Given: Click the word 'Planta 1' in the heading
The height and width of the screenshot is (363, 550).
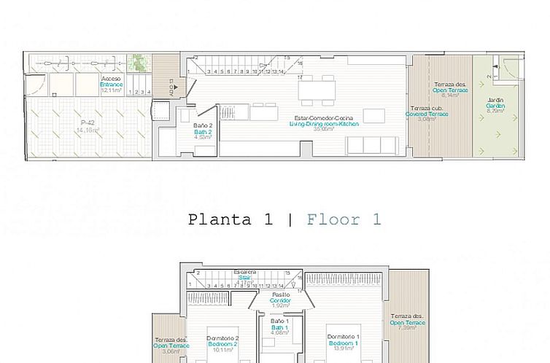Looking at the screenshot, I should click(230, 219).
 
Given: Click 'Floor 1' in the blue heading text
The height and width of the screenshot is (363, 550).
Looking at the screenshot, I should click(344, 219).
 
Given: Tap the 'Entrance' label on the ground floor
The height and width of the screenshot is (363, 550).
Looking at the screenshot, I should click(111, 85).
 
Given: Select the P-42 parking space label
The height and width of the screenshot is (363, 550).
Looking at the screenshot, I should click(88, 122).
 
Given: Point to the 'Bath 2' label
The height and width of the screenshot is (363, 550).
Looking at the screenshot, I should click(202, 131).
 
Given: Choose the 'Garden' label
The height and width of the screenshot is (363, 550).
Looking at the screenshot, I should click(495, 105).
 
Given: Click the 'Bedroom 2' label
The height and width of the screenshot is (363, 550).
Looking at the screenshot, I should click(222, 344).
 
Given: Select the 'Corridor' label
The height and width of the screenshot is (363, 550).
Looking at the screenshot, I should click(281, 300).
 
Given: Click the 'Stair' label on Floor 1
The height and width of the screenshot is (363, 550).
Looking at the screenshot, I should click(244, 277).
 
